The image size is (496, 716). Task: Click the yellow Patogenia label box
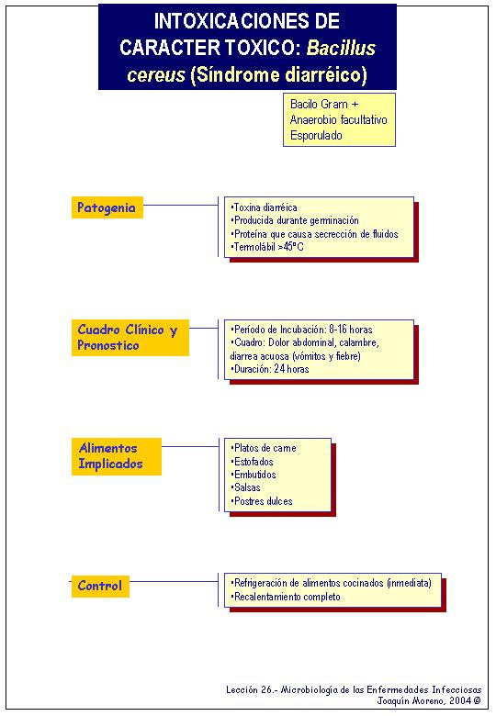click(107, 207)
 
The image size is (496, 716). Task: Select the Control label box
click(100, 587)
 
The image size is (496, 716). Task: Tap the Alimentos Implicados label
click(117, 456)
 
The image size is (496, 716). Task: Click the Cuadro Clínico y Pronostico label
click(130, 338)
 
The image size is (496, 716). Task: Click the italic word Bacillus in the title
click(341, 48)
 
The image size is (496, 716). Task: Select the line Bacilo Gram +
click(324, 104)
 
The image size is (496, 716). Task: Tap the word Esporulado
click(316, 136)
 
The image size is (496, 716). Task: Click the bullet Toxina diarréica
click(264, 207)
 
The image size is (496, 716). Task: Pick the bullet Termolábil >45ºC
click(267, 247)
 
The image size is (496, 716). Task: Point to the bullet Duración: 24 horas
click(270, 369)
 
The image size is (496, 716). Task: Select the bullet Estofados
click(252, 461)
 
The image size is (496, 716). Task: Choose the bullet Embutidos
click(254, 475)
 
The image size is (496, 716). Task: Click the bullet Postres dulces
click(262, 501)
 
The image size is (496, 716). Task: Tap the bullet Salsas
click(246, 487)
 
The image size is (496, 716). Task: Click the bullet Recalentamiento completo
click(286, 597)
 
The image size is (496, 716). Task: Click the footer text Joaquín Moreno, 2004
click(429, 700)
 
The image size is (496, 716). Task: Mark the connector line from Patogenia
click(181, 205)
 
